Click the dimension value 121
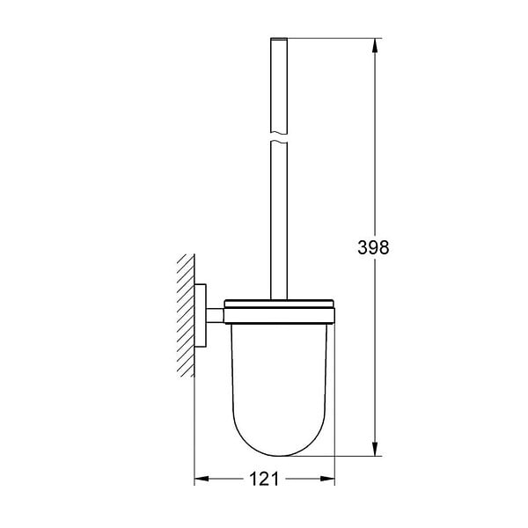click(x=263, y=480)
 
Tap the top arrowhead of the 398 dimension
click(x=376, y=45)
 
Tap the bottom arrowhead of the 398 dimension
click(x=376, y=450)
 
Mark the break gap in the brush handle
click(x=279, y=136)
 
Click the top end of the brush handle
click(x=279, y=40)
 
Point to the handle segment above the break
click(x=279, y=88)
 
